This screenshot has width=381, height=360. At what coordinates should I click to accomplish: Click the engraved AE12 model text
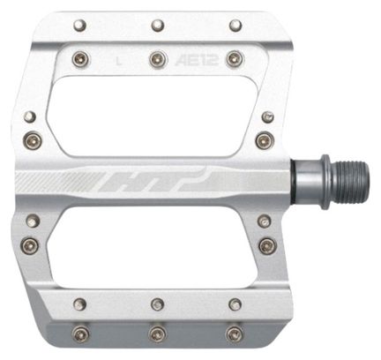(x=201, y=61)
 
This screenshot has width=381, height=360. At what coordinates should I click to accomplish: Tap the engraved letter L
(x=118, y=61)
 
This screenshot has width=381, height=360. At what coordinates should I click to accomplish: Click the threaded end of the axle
(x=350, y=183)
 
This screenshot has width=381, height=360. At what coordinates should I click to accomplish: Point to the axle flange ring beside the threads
(x=325, y=182)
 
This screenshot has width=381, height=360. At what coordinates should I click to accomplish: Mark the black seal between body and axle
(x=293, y=182)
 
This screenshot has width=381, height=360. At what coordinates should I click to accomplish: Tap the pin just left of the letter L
(x=82, y=58)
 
